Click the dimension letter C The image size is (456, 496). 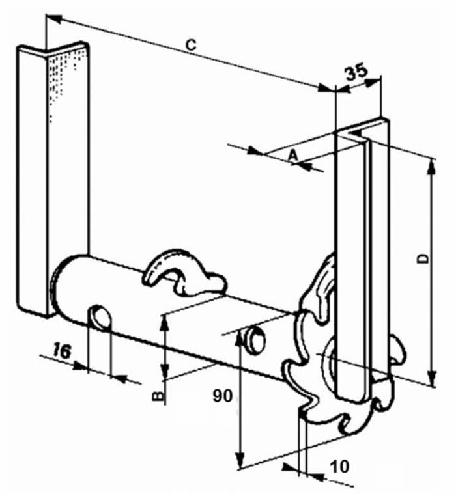191,44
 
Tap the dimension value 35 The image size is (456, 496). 356,72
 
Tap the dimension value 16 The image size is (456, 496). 61,351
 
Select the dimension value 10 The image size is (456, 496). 340,467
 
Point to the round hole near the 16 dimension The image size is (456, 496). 101,316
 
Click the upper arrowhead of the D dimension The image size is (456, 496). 431,165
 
